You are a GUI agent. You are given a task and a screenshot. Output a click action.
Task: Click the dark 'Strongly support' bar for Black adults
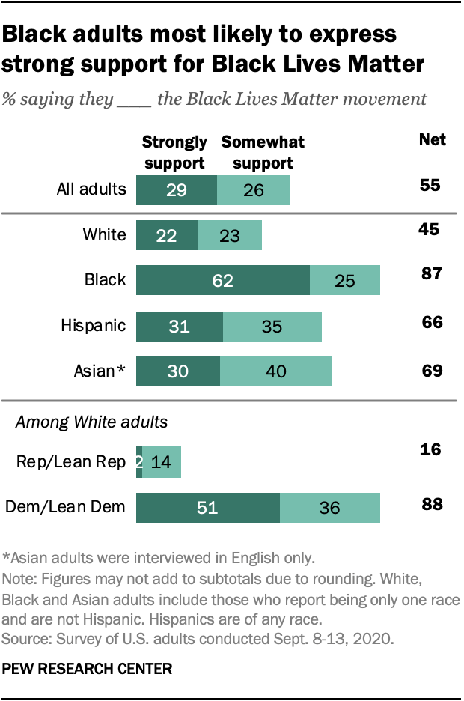tap(222, 280)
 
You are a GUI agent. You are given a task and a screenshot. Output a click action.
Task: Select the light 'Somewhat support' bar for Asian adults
tap(276, 371)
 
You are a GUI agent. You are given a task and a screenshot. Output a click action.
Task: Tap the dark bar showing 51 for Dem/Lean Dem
tap(207, 507)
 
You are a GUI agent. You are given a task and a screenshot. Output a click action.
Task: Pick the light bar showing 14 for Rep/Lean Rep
tap(161, 462)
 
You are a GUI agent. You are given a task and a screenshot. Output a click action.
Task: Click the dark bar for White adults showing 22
tap(166, 235)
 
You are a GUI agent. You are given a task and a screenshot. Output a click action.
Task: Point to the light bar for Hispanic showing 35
tap(272, 326)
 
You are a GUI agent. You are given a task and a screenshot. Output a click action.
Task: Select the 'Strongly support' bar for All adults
tap(176, 189)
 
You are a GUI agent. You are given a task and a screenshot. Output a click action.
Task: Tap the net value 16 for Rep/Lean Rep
tap(430, 449)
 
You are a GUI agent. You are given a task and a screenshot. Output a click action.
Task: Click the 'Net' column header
tap(432, 140)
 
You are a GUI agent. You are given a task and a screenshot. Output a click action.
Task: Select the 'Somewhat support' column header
tap(263, 152)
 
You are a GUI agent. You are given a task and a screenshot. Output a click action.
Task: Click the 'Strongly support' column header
tap(174, 152)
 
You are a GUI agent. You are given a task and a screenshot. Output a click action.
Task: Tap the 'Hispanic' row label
tap(94, 326)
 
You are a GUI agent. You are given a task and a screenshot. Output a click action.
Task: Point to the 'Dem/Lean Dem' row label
tap(65, 507)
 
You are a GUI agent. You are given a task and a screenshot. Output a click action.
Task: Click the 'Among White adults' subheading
tap(91, 422)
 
